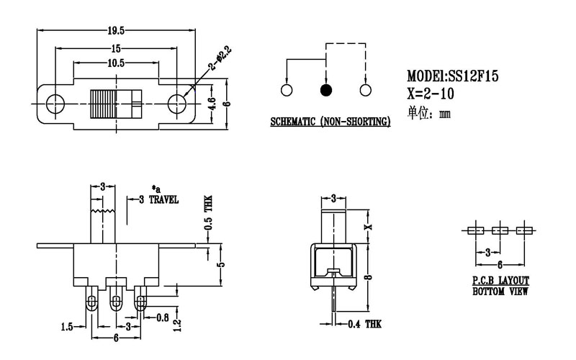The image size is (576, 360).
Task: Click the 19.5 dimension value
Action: (116, 30)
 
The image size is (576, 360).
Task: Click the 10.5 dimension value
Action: (115, 63)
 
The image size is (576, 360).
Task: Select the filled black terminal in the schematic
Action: (326, 91)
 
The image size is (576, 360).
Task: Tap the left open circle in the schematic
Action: (287, 91)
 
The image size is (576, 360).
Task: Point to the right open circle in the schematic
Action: (366, 91)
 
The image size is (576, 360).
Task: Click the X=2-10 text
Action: (434, 93)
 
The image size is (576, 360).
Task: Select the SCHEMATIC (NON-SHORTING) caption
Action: (330, 122)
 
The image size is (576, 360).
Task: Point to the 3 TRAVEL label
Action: (158, 199)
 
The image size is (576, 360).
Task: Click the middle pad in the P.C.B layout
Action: (500, 231)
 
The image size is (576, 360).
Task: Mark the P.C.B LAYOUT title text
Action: (500, 281)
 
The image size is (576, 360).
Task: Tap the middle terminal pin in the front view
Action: (115, 300)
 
